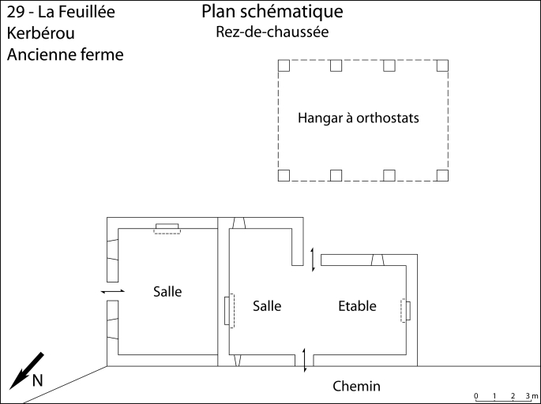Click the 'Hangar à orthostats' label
pyautogui.click(x=358, y=119)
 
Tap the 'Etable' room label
pyautogui.click(x=357, y=306)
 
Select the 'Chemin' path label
pyautogui.click(x=356, y=387)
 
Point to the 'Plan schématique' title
pyautogui.click(x=272, y=12)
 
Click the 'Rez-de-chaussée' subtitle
pyautogui.click(x=272, y=32)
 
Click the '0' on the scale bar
pyautogui.click(x=475, y=395)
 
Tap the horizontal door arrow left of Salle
pyautogui.click(x=113, y=292)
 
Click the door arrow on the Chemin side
pyautogui.click(x=306, y=361)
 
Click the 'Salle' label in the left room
pyautogui.click(x=167, y=292)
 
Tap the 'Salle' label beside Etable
pyautogui.click(x=267, y=306)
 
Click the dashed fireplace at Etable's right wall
pyautogui.click(x=407, y=311)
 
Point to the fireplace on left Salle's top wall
pyautogui.click(x=167, y=228)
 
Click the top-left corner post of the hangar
pyautogui.click(x=285, y=65)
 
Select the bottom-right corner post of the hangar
pyautogui.click(x=443, y=175)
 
